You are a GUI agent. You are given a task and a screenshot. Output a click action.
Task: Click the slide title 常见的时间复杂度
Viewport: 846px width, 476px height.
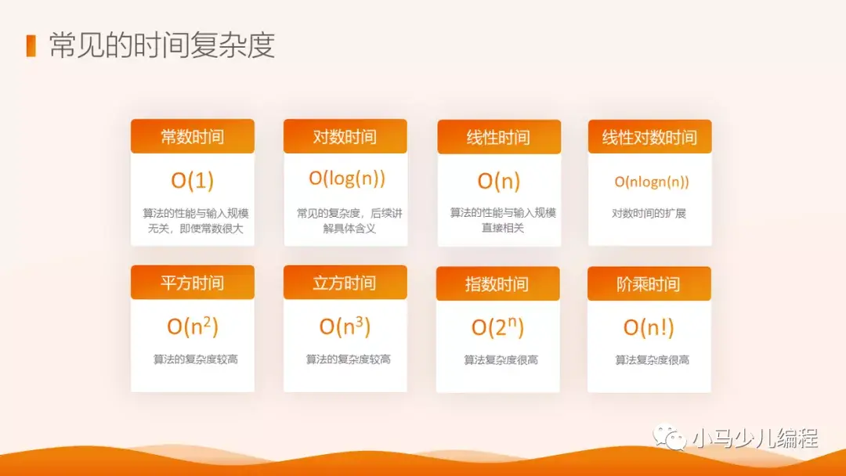[x=162, y=45]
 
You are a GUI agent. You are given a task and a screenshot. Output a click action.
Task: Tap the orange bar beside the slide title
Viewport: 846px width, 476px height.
[x=31, y=45]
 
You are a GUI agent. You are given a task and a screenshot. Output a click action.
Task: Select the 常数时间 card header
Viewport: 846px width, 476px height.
[x=193, y=136]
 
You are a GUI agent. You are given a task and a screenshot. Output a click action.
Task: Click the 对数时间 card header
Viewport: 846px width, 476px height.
[x=345, y=136]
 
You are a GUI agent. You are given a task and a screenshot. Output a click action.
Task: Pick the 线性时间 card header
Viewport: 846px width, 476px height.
[x=498, y=137]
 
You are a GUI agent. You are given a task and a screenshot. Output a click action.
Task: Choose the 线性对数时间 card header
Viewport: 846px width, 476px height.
[x=650, y=137]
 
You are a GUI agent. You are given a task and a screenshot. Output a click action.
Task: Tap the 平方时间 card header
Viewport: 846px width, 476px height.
[x=193, y=283]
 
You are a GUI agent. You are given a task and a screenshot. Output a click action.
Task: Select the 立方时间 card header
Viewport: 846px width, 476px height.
[x=345, y=283]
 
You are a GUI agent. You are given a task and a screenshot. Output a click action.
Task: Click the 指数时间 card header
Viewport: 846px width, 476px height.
[x=497, y=283]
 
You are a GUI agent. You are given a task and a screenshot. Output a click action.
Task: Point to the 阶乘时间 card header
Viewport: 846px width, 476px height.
[x=649, y=283]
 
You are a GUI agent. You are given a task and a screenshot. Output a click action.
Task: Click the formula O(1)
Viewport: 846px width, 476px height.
[x=193, y=180]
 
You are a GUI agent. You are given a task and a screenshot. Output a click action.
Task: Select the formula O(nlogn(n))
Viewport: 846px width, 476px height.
[x=652, y=182]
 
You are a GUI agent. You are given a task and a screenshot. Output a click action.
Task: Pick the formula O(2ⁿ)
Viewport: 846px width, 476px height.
[x=497, y=327]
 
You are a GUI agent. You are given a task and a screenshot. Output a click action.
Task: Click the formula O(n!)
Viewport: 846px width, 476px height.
[x=649, y=327]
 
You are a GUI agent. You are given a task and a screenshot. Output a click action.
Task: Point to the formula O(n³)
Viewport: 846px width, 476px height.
[x=345, y=326]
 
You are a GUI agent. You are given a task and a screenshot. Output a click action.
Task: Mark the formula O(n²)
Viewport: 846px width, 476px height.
[x=193, y=326]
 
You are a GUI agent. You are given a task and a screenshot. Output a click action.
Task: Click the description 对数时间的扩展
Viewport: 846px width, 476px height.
[x=649, y=212]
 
